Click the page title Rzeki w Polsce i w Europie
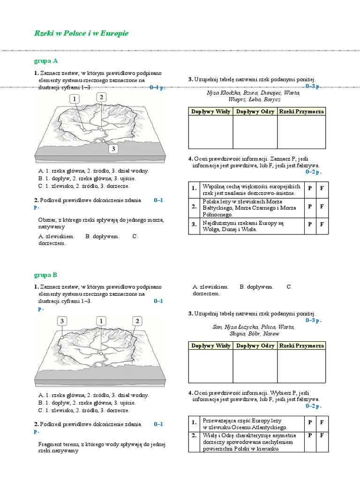click(81, 33)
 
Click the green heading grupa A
click(45, 61)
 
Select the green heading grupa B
click(45, 275)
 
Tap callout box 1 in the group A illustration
click(75, 98)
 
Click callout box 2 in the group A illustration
click(101, 97)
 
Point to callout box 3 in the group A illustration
click(113, 149)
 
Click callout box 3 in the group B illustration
click(62, 321)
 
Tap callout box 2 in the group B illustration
click(137, 321)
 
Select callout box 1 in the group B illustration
click(101, 321)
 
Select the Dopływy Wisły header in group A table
click(210, 112)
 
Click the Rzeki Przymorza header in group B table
click(301, 345)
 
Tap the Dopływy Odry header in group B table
click(255, 345)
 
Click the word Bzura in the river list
click(250, 93)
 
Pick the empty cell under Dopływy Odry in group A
click(255, 132)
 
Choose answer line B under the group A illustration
click(87, 179)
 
